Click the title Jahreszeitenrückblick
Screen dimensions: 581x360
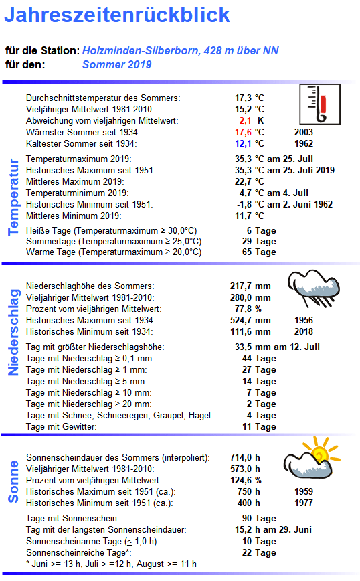[x=118, y=16]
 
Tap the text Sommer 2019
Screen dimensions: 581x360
[x=116, y=65]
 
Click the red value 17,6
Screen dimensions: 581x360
[x=242, y=133]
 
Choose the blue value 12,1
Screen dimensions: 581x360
[x=242, y=144]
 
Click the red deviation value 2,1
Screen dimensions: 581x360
[x=245, y=121]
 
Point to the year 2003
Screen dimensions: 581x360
[x=304, y=133]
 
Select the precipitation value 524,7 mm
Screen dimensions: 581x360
[x=250, y=321]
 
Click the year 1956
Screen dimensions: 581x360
[x=304, y=321]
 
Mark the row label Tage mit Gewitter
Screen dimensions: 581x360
[x=61, y=427]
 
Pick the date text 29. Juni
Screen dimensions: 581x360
[x=294, y=530]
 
